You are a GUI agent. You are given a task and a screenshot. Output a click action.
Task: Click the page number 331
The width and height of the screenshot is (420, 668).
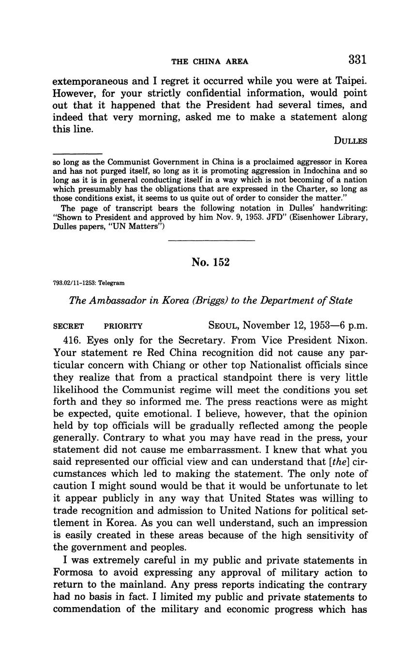(x=357, y=60)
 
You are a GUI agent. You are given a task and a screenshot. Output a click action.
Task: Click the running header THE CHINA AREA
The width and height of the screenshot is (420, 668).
(x=210, y=61)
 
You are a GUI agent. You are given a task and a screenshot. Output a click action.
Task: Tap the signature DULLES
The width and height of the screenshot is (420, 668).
(x=350, y=141)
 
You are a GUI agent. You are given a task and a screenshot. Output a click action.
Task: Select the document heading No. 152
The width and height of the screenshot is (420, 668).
(x=210, y=262)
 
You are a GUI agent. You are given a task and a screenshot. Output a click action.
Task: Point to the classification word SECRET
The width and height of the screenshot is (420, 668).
(x=68, y=326)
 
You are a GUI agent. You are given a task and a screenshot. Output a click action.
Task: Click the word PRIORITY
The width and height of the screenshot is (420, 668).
(x=123, y=326)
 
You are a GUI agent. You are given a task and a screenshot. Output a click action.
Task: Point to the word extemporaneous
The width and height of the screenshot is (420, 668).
(x=93, y=81)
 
